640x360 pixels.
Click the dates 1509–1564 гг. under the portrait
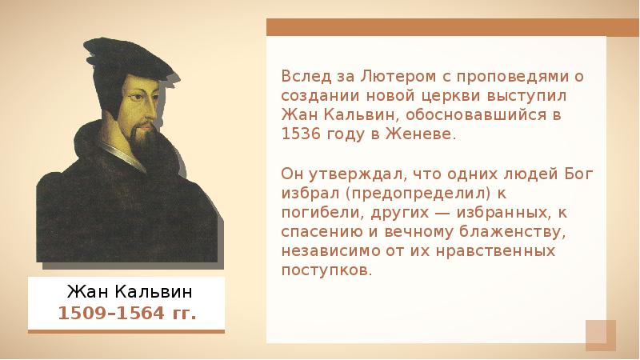[x=126, y=312]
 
